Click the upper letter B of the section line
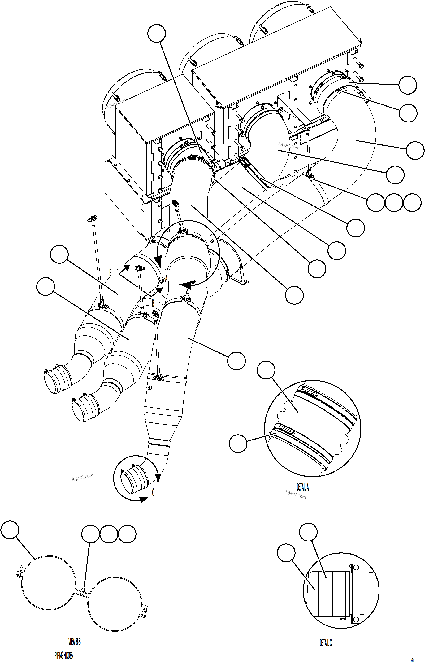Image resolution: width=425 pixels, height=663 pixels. pyautogui.click(x=110, y=273)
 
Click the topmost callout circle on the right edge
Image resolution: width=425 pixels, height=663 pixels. pyautogui.click(x=408, y=85)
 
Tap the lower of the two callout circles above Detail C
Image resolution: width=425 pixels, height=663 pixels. pyautogui.click(x=286, y=553)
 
